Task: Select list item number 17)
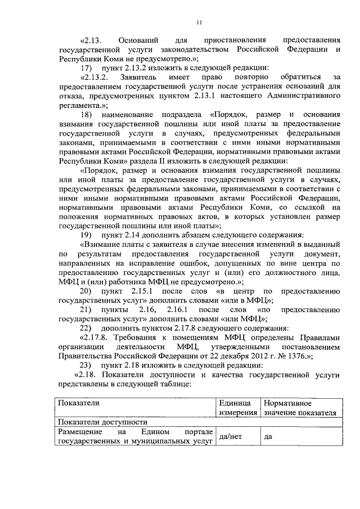[x=85, y=67]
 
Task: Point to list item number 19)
[x=85, y=234]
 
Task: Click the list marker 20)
[x=85, y=291]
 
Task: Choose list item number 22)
[x=85, y=328]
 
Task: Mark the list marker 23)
[x=85, y=365]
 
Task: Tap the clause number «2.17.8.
[x=94, y=337]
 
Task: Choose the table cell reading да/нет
[x=230, y=436]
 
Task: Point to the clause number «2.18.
[x=88, y=375]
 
